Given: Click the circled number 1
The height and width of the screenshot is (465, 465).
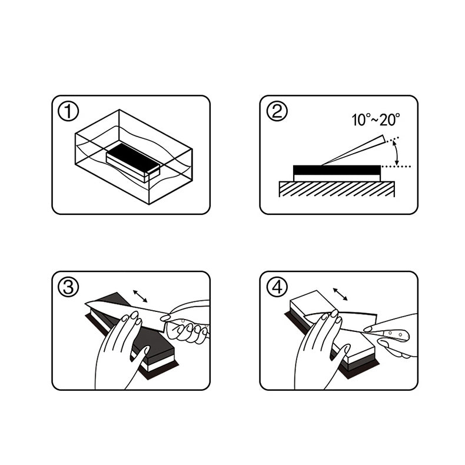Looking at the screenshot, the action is [68, 111].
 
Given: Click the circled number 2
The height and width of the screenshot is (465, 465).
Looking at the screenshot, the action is [277, 111].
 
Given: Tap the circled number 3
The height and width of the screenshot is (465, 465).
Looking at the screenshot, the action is [68, 287].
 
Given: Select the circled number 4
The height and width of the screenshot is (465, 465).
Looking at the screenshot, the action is [277, 287].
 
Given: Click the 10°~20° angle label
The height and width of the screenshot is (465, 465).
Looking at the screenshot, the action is [376, 120].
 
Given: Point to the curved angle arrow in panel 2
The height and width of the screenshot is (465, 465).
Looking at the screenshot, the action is [397, 152].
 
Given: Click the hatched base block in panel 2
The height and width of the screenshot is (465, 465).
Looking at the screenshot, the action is [337, 189].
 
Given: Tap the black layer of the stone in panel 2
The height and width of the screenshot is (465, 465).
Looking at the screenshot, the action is [337, 170].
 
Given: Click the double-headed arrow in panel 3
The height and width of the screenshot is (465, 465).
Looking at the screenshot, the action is [140, 296].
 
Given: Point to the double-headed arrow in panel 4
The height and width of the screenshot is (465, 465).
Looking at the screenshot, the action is [340, 294].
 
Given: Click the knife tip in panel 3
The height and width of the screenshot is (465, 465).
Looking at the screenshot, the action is [86, 303].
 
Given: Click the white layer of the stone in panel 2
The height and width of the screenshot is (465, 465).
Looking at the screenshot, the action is [337, 178].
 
